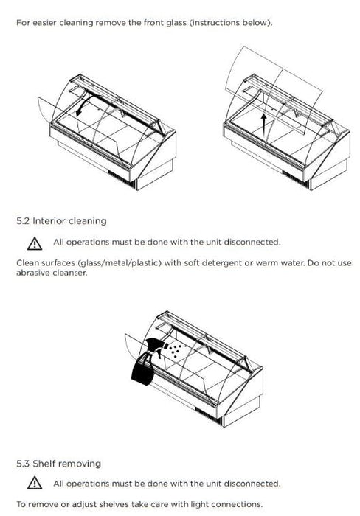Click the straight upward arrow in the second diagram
(263, 123)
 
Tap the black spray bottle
(147, 361)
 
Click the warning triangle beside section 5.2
(35, 244)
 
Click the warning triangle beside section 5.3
(35, 483)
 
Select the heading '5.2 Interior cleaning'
(61, 221)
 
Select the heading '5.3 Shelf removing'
(58, 464)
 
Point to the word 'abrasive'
(34, 273)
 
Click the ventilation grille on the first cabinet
(122, 180)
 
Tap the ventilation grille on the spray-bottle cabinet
(210, 416)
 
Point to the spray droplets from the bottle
(176, 350)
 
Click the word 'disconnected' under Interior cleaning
(252, 242)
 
